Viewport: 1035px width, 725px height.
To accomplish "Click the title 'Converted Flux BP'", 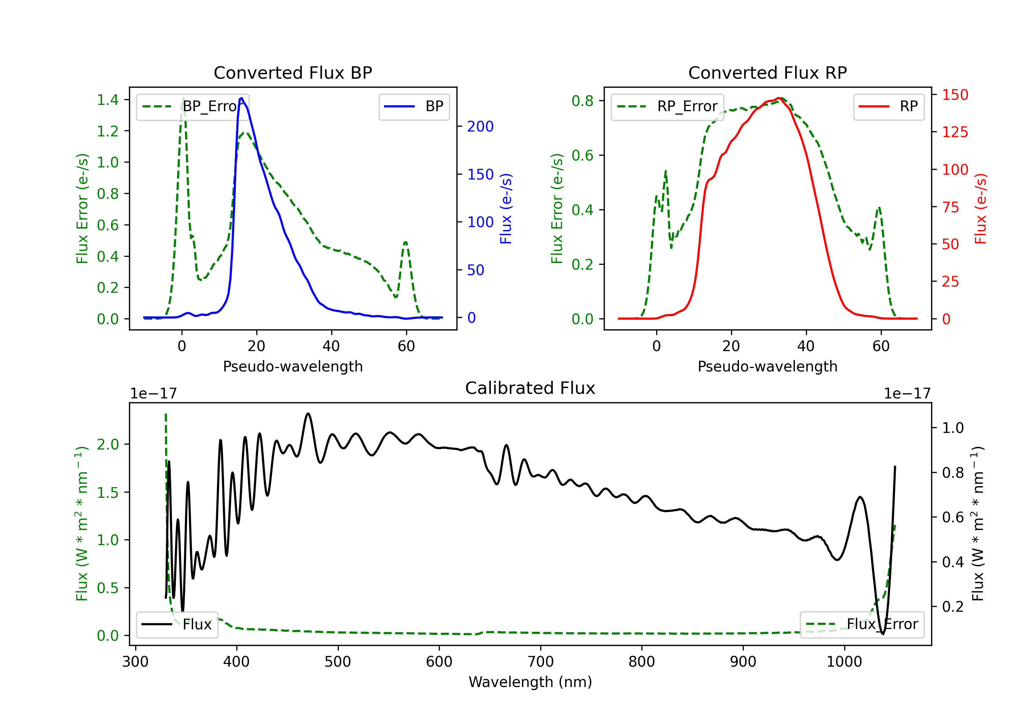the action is (293, 72).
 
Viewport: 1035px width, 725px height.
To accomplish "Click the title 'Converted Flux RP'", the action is (767, 72).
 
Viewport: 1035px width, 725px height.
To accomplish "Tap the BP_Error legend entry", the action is (193, 106).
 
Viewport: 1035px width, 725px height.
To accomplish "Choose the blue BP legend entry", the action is (414, 106).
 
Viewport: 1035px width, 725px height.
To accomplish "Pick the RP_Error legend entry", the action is (667, 106).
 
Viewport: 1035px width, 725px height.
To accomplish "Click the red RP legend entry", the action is (888, 106).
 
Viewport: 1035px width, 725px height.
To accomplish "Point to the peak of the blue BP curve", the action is (241, 98).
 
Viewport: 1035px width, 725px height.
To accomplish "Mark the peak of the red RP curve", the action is (779, 98).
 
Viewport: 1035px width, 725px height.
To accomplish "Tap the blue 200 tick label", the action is (480, 126).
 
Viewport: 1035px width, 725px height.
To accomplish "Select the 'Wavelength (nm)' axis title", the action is (530, 682).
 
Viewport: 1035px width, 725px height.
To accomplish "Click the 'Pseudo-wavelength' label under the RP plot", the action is (767, 366).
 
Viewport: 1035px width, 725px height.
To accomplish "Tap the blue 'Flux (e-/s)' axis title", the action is (506, 209).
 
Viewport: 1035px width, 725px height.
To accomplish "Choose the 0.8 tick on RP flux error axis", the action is (582, 100).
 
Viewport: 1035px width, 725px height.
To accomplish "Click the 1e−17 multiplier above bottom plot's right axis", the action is (907, 394).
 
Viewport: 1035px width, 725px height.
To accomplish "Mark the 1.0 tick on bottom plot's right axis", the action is (953, 428).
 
